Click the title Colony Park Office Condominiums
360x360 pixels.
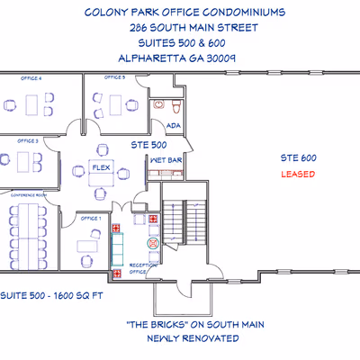point(184,13)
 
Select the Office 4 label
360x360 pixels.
point(34,79)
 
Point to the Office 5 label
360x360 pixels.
point(115,78)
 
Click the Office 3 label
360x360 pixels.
point(28,141)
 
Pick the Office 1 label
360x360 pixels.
point(91,219)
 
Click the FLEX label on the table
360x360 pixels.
point(101,166)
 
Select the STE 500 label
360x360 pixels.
point(148,143)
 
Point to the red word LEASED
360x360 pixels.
point(298,174)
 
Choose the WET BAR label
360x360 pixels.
point(166,160)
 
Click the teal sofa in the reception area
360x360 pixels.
point(115,243)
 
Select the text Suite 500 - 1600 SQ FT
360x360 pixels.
point(43,295)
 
